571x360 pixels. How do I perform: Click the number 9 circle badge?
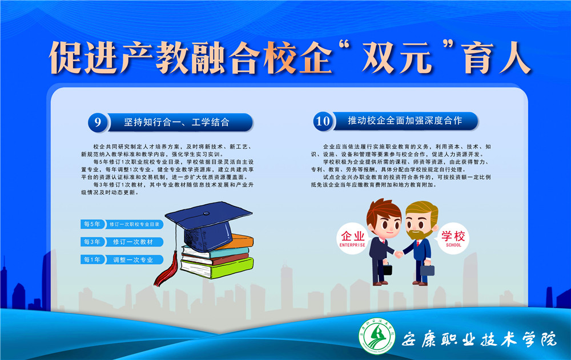98,122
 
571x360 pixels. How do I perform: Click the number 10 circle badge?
323,121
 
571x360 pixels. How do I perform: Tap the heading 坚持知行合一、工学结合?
176,122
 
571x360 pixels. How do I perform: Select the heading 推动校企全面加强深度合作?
405,121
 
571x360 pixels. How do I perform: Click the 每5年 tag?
93,224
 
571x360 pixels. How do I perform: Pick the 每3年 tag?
93,242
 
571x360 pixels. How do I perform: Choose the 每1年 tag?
93,260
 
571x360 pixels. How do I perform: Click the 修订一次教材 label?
133,242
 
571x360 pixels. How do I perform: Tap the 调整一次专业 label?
133,260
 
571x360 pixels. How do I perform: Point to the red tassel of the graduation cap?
167,271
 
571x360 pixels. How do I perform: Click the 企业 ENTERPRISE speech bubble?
352,238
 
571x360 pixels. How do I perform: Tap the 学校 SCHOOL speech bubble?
453,238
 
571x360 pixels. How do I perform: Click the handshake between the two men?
399,254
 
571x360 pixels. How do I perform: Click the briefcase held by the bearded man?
427,270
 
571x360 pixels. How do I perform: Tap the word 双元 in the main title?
397,58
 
